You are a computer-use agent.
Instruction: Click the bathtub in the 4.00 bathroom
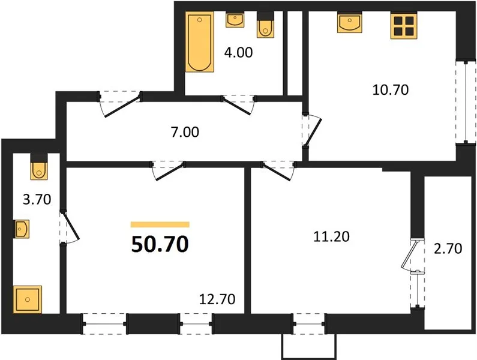coord(200,41)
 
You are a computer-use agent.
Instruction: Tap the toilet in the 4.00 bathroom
coord(265,25)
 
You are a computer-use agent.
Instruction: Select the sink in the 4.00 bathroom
coord(235,19)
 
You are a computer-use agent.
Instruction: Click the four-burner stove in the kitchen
coord(404,26)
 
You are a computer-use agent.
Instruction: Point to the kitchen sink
coord(350,22)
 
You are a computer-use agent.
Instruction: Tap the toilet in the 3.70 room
coord(39,167)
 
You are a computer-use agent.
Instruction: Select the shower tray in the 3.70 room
coord(28,299)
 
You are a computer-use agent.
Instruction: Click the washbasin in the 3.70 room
coord(22,229)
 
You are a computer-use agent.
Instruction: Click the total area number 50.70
coord(160,244)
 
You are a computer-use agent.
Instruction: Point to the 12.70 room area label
coord(217,299)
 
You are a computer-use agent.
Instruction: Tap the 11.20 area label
coord(331,236)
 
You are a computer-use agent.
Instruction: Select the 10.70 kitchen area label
coord(391,90)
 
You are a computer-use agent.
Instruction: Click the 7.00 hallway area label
coord(185,132)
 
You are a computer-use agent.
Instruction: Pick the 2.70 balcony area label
coord(448,248)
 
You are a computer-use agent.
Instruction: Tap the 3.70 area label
coord(37,200)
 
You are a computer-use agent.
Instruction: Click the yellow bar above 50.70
coord(160,224)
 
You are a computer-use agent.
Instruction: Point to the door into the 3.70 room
coord(70,226)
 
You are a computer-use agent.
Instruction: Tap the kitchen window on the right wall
coord(466,102)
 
